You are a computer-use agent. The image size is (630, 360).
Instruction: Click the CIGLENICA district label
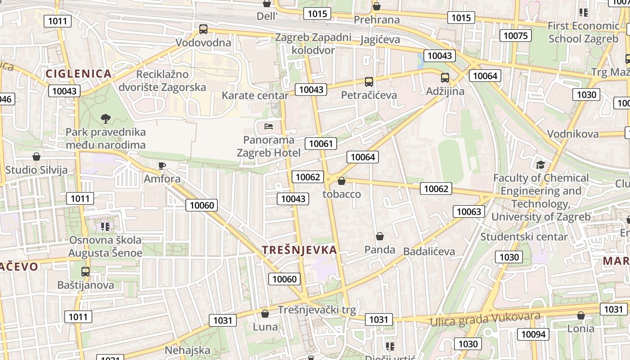coord(78,74)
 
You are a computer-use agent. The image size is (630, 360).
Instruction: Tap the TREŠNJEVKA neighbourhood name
coord(299,250)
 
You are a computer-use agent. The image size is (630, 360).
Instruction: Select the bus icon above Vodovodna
coord(203,29)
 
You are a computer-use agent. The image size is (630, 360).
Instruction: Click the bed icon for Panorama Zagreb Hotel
coord(269,126)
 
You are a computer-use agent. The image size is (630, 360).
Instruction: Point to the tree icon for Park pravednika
coord(106,119)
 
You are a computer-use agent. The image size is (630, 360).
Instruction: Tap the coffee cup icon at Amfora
coord(162,166)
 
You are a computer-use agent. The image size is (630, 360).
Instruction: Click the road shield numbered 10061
coord(321,144)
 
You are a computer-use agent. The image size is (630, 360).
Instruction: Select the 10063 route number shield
coord(469,211)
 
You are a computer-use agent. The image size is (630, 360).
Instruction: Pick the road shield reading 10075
coord(516,36)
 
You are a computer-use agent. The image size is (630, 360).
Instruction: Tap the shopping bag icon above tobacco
coord(342,181)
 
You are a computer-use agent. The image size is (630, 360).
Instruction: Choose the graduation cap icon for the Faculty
coord(540,165)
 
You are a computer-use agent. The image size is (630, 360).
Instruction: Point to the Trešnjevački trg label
coord(317,310)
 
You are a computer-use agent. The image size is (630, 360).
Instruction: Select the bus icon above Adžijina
coord(445,78)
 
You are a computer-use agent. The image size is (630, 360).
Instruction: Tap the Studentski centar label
coord(524,237)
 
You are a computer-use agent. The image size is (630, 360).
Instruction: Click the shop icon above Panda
coord(380,236)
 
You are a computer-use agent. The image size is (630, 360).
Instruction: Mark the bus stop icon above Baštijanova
coord(85,272)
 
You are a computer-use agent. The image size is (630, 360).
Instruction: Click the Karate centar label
coord(255,95)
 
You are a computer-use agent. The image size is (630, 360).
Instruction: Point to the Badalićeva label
coord(429,251)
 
